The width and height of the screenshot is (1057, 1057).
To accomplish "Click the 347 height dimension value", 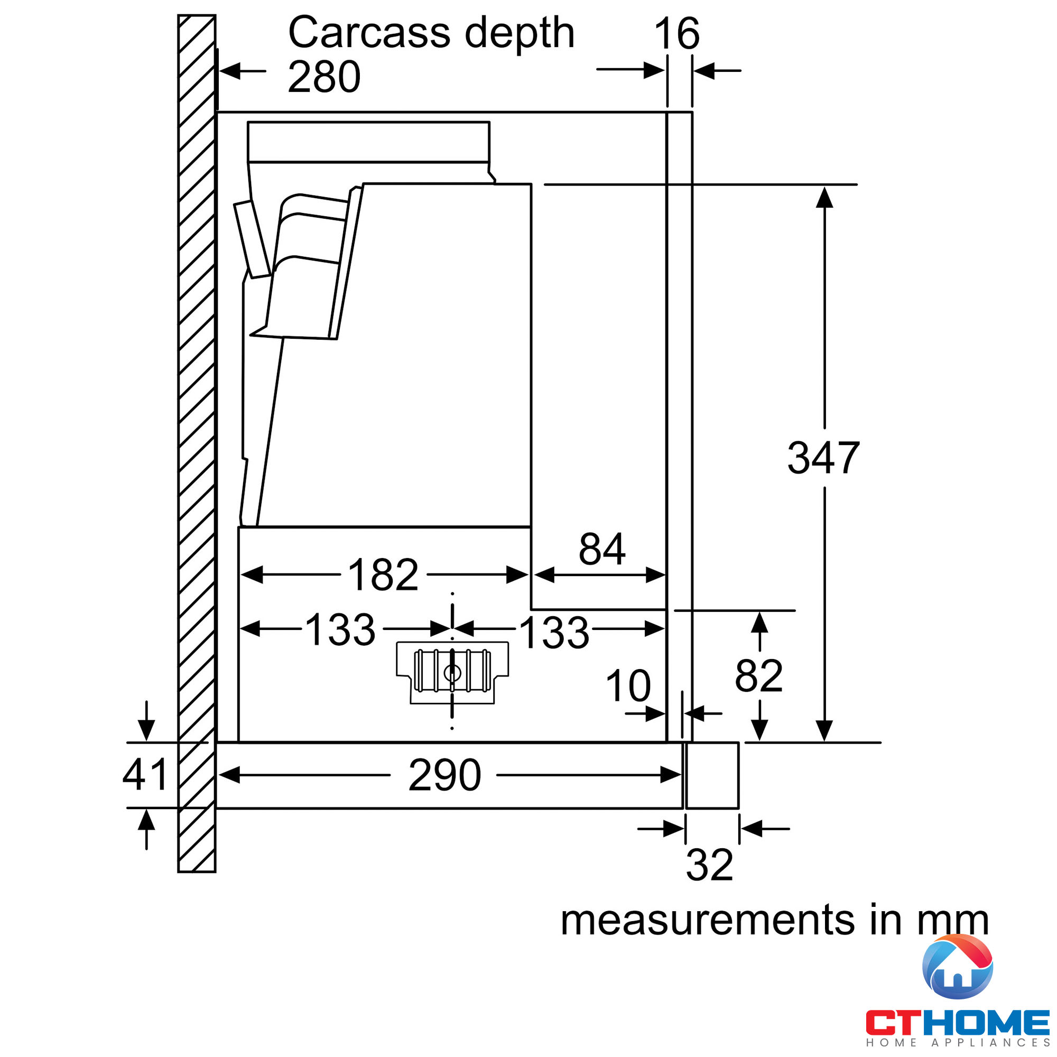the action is pyautogui.click(x=823, y=457).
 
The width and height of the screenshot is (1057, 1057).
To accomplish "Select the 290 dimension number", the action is pyautogui.click(x=445, y=775).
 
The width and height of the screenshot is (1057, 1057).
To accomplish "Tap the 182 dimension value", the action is pyautogui.click(x=383, y=574).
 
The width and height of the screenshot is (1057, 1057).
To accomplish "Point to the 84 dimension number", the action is pyautogui.click(x=602, y=549).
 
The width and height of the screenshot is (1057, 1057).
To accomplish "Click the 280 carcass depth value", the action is pyautogui.click(x=324, y=77).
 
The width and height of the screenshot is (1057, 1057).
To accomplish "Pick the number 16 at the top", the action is pyautogui.click(x=677, y=33).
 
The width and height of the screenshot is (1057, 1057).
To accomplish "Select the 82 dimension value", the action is pyautogui.click(x=759, y=675).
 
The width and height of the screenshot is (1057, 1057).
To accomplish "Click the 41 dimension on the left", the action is pyautogui.click(x=144, y=775).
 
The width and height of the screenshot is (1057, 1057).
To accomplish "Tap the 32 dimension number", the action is pyautogui.click(x=710, y=865).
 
